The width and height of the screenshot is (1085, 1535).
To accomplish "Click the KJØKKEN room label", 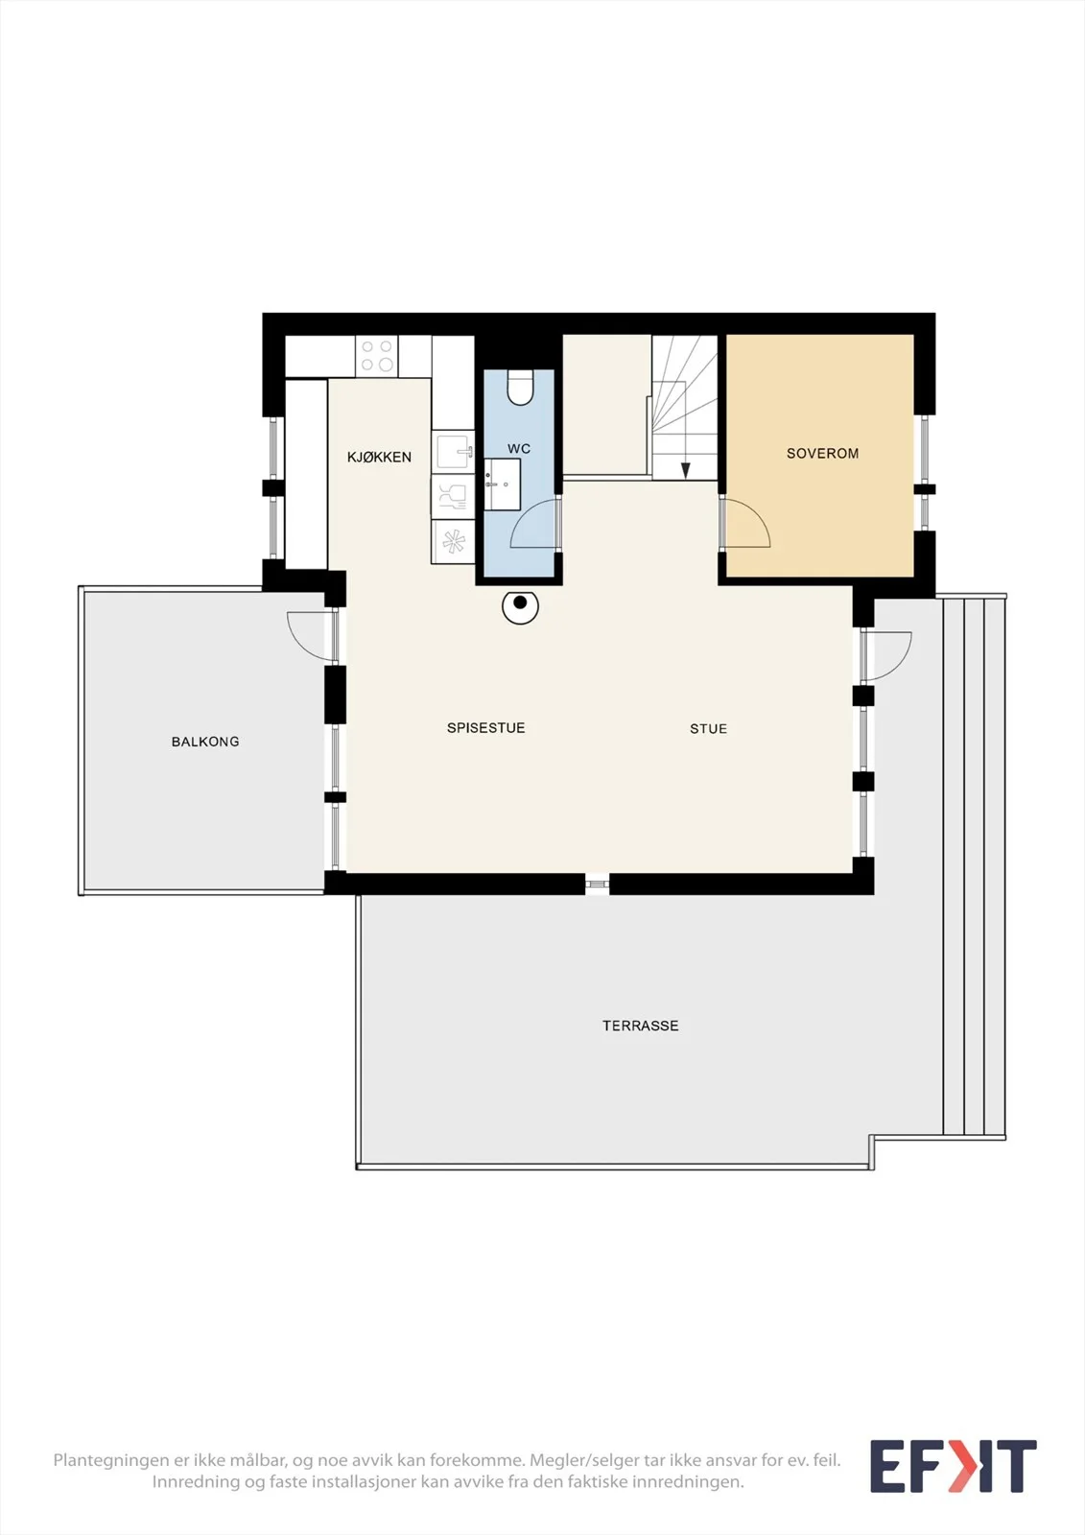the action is [x=379, y=457].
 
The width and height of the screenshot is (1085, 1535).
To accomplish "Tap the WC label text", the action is [x=519, y=449].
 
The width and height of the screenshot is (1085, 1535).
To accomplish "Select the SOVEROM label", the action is [x=822, y=454].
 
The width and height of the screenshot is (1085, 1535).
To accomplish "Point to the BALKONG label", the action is [x=205, y=742].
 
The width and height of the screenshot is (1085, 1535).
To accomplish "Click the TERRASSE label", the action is [x=641, y=1026].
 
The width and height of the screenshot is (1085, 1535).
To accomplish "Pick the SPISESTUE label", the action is [x=486, y=728].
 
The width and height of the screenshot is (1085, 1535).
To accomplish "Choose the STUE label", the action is [x=709, y=728].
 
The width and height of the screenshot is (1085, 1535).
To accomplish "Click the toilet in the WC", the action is [x=520, y=388].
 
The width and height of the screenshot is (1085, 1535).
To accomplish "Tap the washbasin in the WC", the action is [x=503, y=484].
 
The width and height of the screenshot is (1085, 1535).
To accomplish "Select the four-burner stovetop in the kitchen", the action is [x=376, y=356].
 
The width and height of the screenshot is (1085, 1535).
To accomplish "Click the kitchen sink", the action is [x=453, y=451].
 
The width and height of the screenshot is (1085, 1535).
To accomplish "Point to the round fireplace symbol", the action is [x=520, y=605].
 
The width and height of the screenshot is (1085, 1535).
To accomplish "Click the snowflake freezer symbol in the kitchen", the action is [x=453, y=541].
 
